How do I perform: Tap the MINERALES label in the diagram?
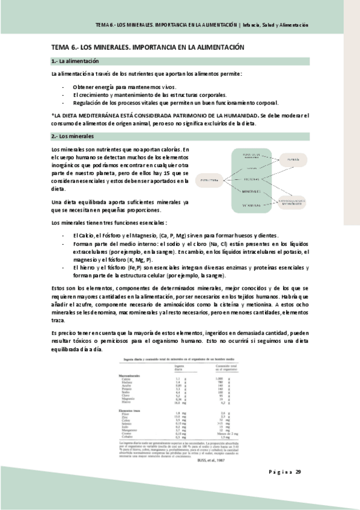point(251,191)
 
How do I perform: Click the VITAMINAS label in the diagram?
point(251,205)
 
